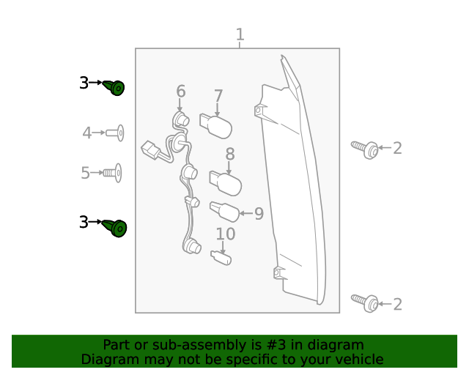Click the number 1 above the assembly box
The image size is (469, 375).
pos(240,34)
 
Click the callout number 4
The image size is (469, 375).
pos(87,133)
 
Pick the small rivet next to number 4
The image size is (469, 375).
pos(114,133)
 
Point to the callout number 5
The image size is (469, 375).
pos(86,173)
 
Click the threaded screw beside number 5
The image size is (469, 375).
pos(112,173)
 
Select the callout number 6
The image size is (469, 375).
pos(180,92)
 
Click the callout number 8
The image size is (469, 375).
pos(229,154)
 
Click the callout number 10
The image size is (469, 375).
pos(225,234)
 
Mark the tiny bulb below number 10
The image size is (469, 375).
pos(221,257)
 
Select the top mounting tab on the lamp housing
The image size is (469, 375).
pos(259,111)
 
